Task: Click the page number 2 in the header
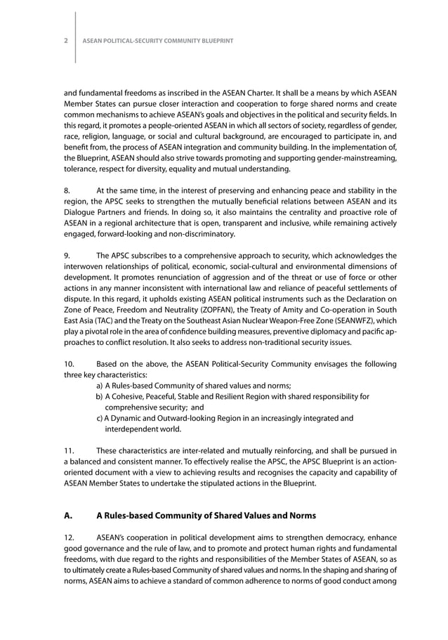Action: click(66, 41)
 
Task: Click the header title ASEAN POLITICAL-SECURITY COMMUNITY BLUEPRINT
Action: click(158, 41)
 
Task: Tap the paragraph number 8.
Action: click(67, 190)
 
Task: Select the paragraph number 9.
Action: click(67, 256)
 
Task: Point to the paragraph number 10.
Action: click(69, 363)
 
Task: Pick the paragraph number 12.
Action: click(69, 537)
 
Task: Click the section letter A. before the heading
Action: click(69, 515)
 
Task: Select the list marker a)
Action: click(100, 385)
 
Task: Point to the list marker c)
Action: click(100, 418)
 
